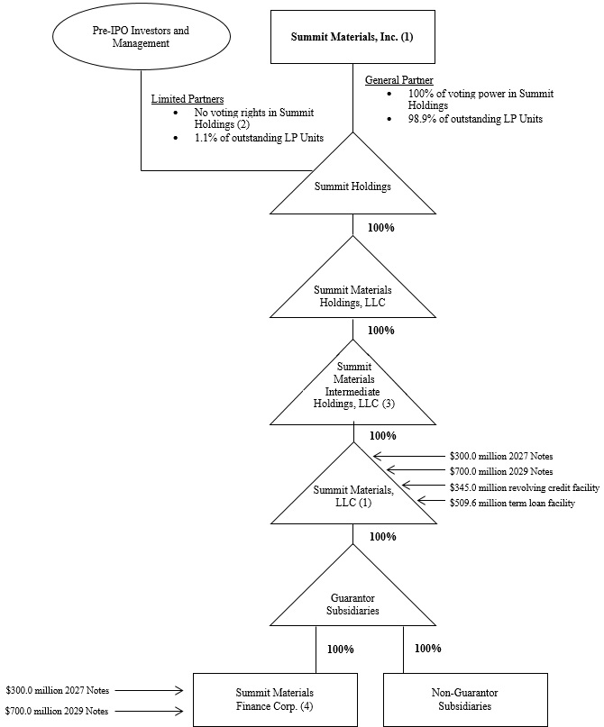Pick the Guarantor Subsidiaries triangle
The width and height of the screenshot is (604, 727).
[353, 601]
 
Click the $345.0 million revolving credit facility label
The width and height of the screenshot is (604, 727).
[524, 486]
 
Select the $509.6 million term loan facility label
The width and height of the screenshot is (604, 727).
[512, 503]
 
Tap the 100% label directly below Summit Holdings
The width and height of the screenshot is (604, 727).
[380, 227]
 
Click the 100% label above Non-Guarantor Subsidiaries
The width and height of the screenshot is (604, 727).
[427, 649]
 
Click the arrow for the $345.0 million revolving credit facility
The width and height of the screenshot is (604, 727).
[424, 486]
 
